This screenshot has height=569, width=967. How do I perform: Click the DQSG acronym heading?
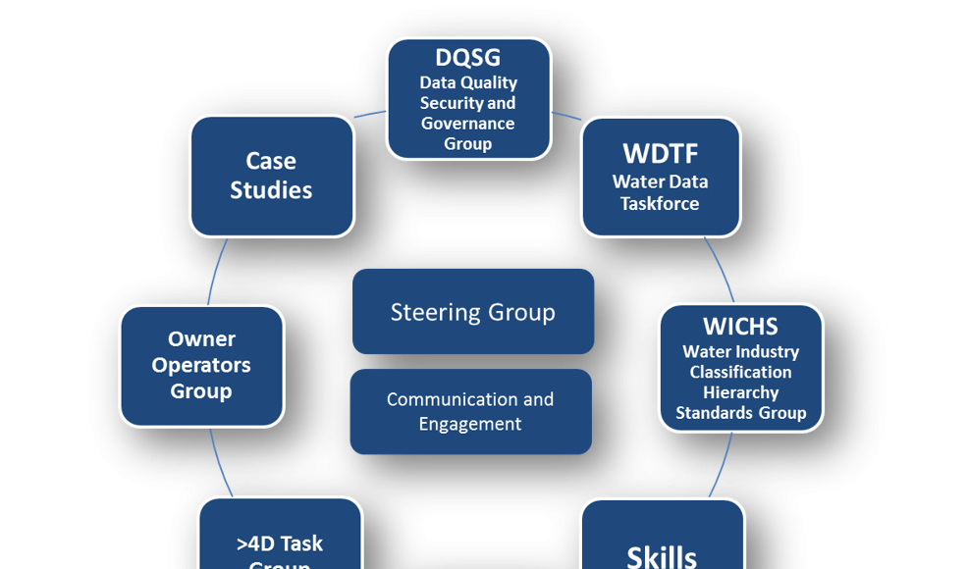click(468, 58)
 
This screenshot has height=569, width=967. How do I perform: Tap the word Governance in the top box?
click(467, 124)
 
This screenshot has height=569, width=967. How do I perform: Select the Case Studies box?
click(271, 176)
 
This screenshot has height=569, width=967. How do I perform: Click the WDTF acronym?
click(660, 154)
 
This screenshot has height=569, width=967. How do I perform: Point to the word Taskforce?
click(660, 204)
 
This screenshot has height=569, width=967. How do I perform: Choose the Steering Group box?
click(473, 312)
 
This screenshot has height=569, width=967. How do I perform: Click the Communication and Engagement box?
click(470, 412)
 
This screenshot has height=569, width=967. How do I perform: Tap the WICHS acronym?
click(740, 326)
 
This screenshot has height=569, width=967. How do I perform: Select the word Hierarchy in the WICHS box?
click(741, 392)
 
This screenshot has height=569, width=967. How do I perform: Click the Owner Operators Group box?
click(201, 365)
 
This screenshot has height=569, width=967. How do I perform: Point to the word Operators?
click(201, 365)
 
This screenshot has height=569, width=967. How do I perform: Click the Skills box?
click(662, 540)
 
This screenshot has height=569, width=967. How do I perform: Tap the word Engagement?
click(470, 425)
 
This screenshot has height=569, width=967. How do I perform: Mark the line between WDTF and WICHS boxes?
click(720, 269)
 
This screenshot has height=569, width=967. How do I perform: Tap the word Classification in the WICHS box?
click(740, 372)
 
